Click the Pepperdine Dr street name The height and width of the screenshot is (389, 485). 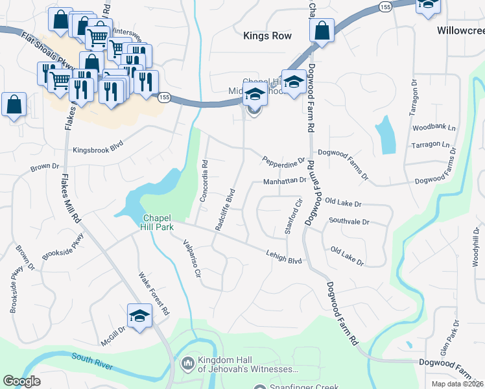click(x=283, y=159)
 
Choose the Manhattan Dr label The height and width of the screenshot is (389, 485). click(x=284, y=181)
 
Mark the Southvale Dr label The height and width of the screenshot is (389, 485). click(x=348, y=222)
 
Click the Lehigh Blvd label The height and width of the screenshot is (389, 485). click(x=284, y=257)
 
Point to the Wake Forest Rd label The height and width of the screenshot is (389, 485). click(x=154, y=294)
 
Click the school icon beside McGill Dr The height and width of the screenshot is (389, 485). click(x=139, y=316)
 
